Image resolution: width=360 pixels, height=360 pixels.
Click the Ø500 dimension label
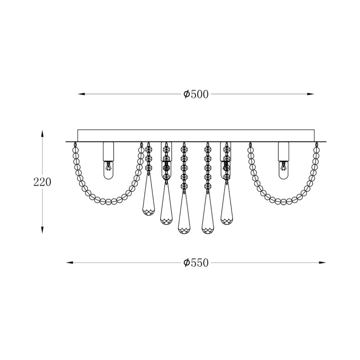pos(196,94)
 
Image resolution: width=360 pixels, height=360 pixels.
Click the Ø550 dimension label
pos(196,263)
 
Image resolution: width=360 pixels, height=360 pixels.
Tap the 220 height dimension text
pos(42,182)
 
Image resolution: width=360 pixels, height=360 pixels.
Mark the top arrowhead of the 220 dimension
pos(42,134)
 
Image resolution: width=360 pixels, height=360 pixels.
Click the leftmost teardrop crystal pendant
pos(148,199)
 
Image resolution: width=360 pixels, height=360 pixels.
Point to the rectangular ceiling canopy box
pos(196,136)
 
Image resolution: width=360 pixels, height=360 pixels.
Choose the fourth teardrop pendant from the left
pos(207,215)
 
